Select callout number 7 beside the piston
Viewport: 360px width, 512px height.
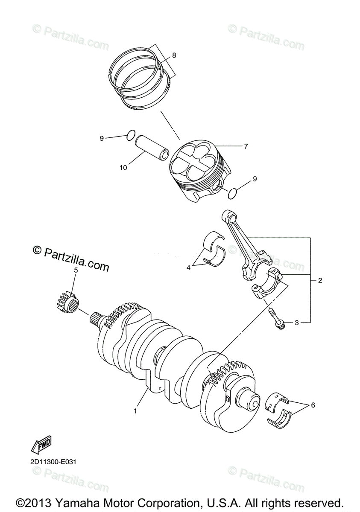pos(246,146)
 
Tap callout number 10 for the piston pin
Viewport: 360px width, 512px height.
pos(123,168)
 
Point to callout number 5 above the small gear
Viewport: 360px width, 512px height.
pos(76,270)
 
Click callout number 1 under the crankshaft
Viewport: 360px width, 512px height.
pos(135,411)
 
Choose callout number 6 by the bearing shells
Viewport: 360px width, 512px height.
pos(313,404)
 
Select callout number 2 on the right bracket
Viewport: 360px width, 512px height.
pos(320,280)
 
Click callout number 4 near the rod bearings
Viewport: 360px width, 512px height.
pos(188,268)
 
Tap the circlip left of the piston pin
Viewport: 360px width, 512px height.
pos(131,135)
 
